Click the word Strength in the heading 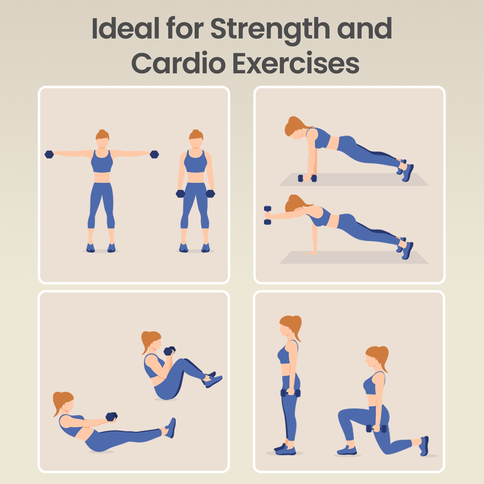tap(270, 29)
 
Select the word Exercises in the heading tap(296, 64)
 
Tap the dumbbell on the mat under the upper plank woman tap(307, 178)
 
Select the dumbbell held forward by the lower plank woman tap(267, 215)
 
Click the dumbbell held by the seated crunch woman tap(169, 351)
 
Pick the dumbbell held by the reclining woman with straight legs tap(112, 417)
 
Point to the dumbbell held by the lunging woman tap(376, 429)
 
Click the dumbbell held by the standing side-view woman tap(290, 393)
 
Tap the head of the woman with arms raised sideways tap(102, 139)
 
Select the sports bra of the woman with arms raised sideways tap(102, 161)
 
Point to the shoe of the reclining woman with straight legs tap(170, 428)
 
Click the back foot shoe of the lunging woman tap(424, 446)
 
